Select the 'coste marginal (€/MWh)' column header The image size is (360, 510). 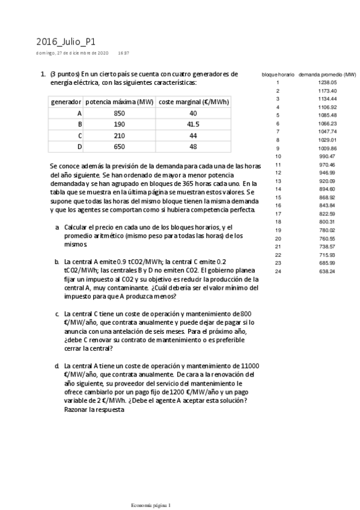[193, 102]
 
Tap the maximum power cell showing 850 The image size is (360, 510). [119, 113]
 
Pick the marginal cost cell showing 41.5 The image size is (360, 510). [193, 124]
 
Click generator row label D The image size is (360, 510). [80, 146]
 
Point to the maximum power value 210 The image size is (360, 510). [119, 135]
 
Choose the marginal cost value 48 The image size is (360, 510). [193, 146]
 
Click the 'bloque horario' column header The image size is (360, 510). [278, 74]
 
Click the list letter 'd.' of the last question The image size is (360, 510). [57, 366]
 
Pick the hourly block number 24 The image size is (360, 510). [278, 271]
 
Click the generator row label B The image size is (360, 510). [80, 124]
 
